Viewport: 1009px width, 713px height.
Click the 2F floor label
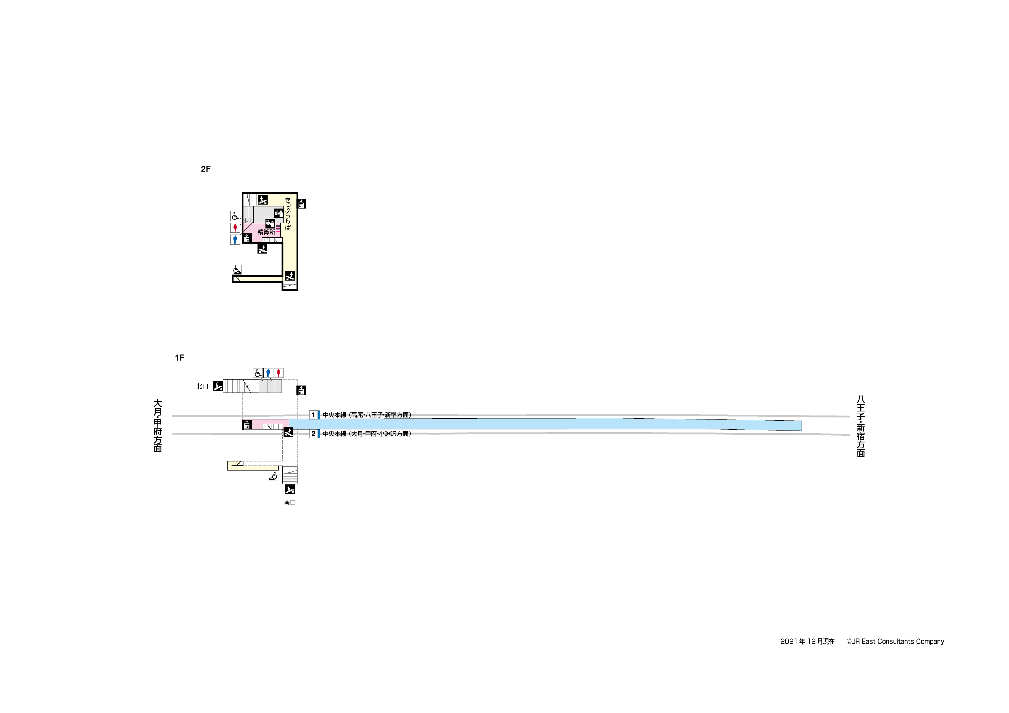206,169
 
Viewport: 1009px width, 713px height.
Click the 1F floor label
180,358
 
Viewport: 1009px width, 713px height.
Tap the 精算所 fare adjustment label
266,232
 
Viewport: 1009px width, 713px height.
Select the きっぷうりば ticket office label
288,214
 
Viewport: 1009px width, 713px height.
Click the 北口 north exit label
202,386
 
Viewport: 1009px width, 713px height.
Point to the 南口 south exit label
290,502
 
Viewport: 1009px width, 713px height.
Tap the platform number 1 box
313,415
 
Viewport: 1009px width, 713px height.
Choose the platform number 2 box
313,434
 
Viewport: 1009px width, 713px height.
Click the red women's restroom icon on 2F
235,227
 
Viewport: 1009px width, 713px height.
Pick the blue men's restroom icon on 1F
268,373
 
